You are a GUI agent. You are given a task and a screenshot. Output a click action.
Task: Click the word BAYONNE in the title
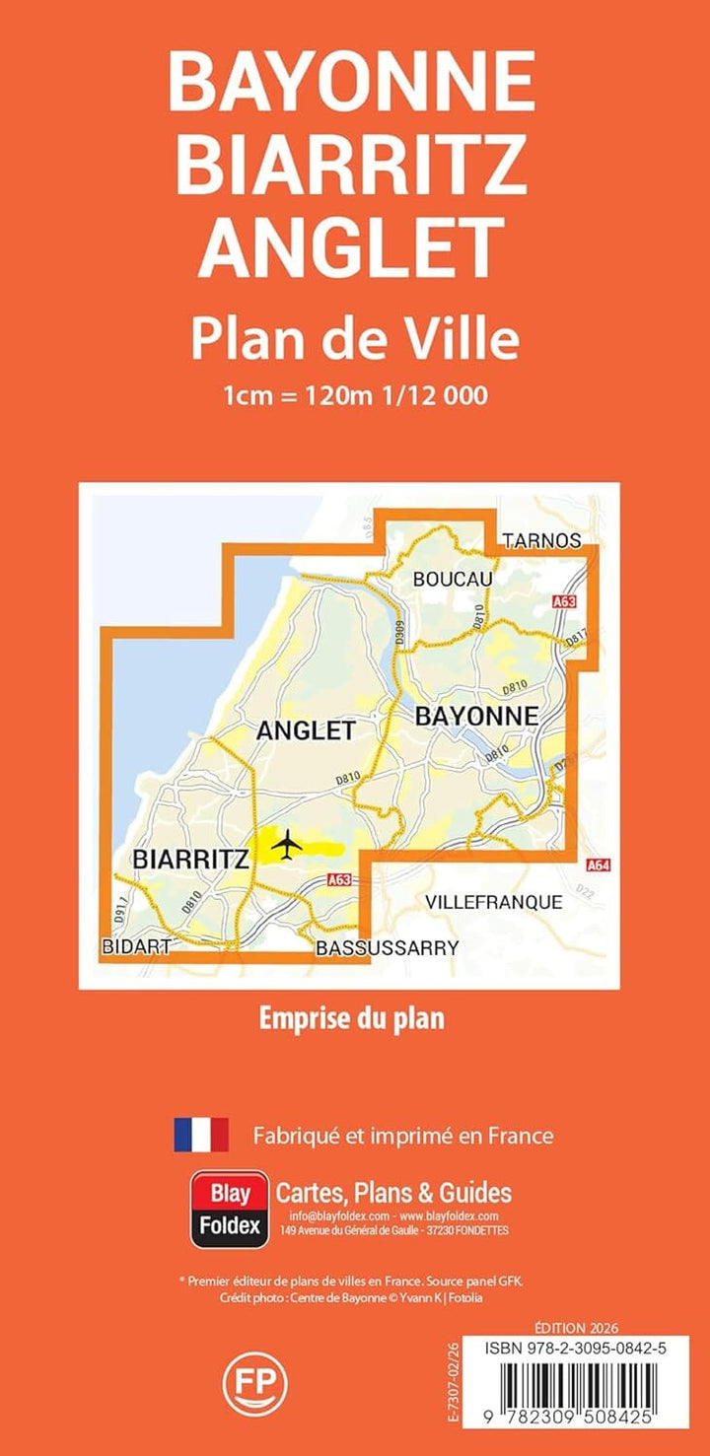coord(352,83)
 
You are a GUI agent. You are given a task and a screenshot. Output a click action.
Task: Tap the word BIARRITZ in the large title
coord(352,165)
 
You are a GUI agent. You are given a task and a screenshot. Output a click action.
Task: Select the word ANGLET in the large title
coord(352,247)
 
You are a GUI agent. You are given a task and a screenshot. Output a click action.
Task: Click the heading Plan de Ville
coord(354,339)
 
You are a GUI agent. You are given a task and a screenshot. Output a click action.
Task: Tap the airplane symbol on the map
coord(287,844)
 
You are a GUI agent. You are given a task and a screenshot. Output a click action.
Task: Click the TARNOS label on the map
coord(541,540)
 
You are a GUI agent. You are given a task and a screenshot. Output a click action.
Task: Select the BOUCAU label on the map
coord(452,580)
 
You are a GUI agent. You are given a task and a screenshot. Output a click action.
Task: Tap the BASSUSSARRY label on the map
coord(387,948)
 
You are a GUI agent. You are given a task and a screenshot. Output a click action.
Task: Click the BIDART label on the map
coord(136,946)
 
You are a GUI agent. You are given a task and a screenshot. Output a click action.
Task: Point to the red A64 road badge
coord(598,865)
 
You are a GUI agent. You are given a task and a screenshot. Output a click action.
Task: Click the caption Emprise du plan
coord(351,1018)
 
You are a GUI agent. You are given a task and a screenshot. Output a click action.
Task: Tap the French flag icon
coord(201,1135)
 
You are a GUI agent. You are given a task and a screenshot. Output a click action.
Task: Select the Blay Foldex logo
coord(229,1209)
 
